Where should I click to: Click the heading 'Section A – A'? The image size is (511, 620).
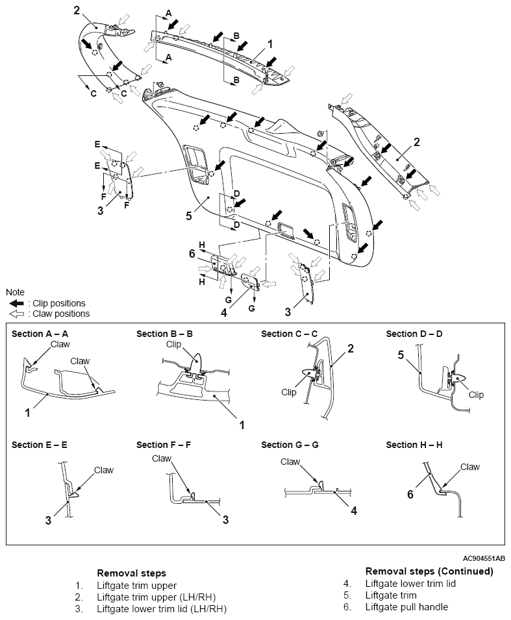coord(40,334)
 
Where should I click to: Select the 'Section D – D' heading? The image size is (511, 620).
coord(414,334)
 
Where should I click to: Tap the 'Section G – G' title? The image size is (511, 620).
coord(290,445)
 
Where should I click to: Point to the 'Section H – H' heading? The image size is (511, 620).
coord(414,445)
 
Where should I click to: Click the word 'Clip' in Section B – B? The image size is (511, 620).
coord(173,344)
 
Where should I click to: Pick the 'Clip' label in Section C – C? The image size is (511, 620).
coord(289,392)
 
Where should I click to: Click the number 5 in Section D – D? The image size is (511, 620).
coord(401,355)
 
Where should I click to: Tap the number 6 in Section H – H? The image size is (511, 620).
coord(410,494)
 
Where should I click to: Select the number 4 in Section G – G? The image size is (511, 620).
coord(354,511)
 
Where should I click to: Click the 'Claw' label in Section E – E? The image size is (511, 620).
coord(104,470)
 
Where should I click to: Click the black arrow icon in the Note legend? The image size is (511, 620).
coord(16,303)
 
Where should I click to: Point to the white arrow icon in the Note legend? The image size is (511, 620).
coord(16,314)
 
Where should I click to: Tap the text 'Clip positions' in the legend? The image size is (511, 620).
coord(59,303)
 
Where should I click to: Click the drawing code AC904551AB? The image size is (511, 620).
coord(484,558)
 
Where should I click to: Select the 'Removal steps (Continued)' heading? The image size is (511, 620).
coord(429,571)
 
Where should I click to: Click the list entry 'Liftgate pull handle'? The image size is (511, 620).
coord(406,606)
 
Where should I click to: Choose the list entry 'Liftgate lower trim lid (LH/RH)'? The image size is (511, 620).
coord(162,608)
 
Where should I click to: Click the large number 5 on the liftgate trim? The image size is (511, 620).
coord(189,216)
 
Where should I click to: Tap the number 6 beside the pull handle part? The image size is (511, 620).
coord(192,253)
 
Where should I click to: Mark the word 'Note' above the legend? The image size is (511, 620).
coord(15,292)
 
